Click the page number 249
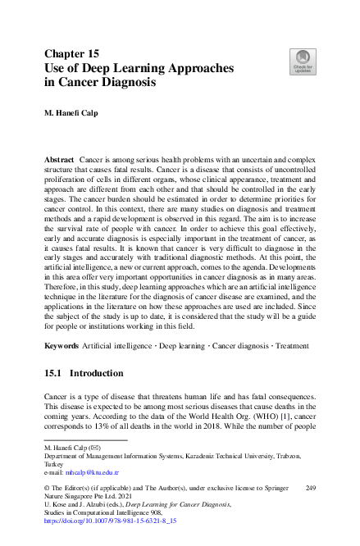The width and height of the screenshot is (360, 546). (310, 488)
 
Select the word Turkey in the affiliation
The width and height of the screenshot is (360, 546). (53, 464)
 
